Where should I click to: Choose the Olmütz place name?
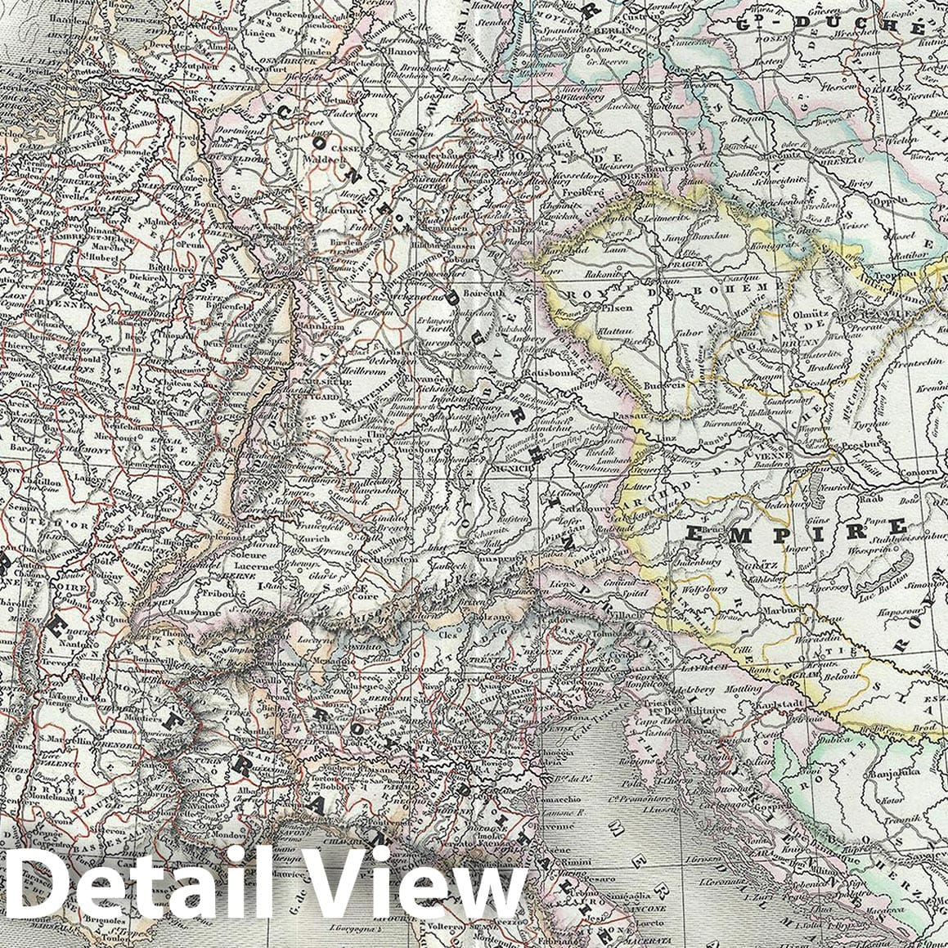click(808, 313)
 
